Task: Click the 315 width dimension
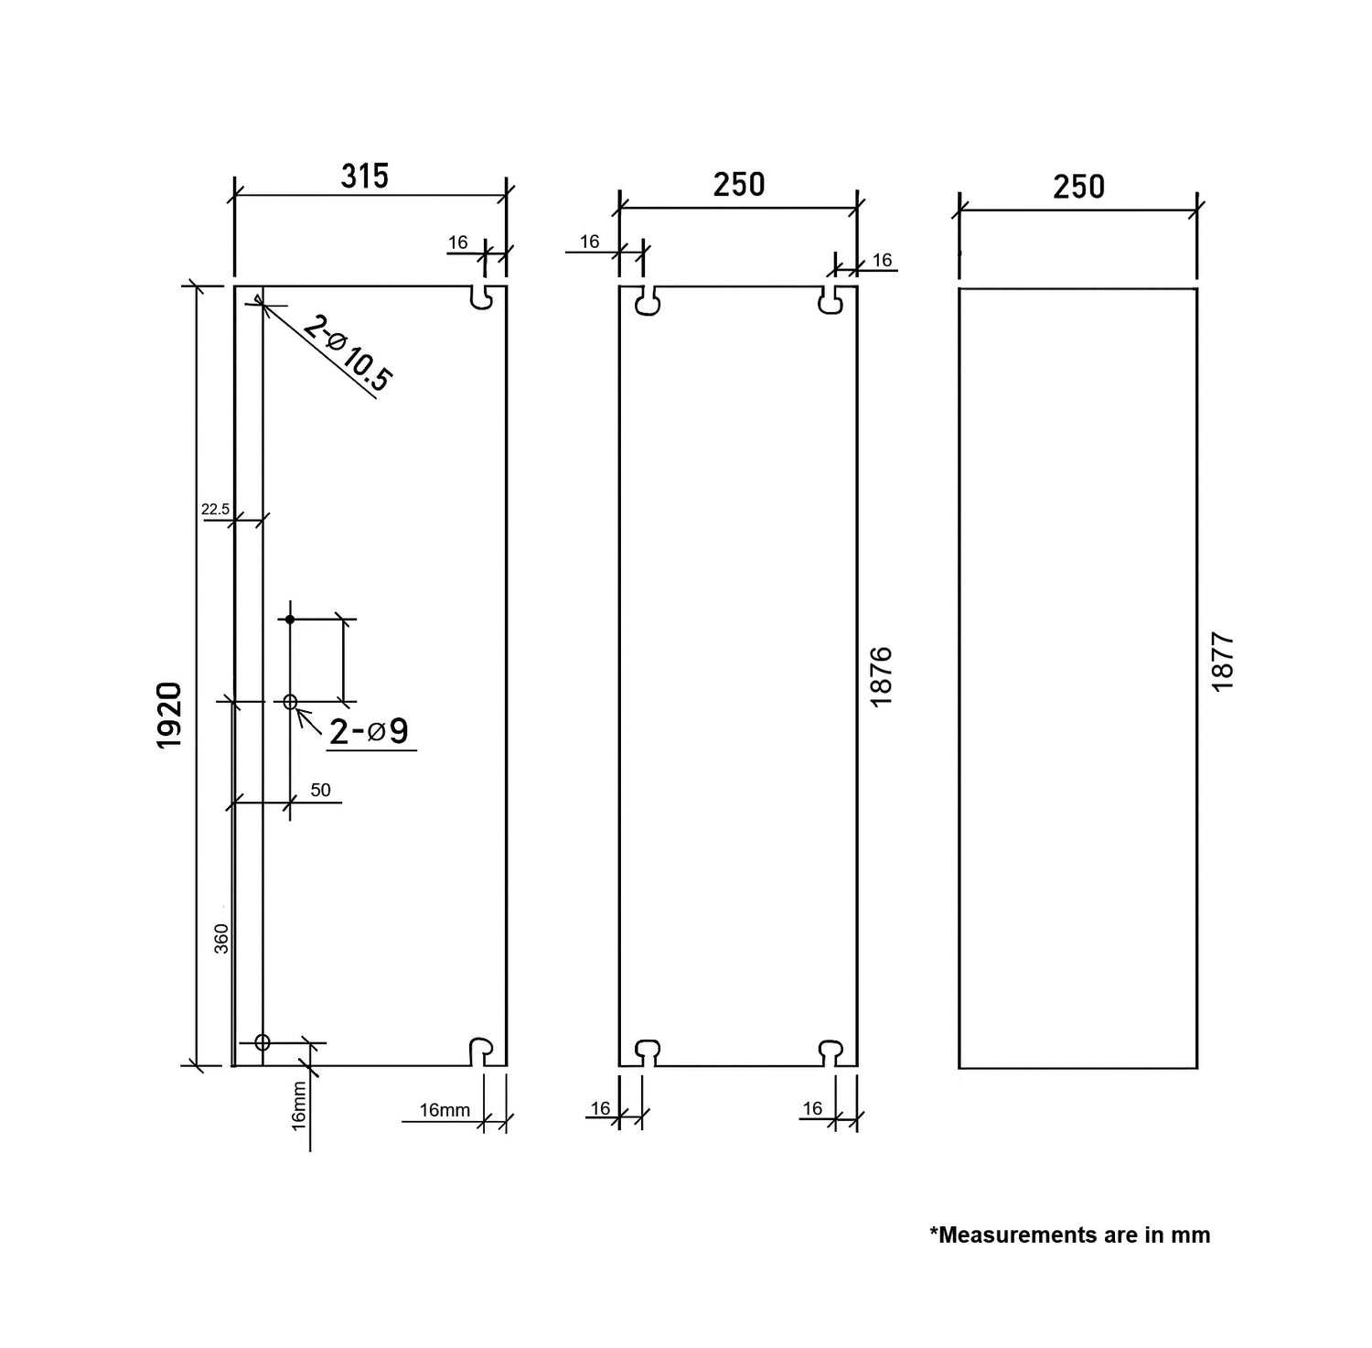point(365,176)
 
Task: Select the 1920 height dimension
point(170,716)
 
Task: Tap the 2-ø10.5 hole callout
point(348,353)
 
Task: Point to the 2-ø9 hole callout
point(369,731)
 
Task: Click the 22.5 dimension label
point(216,510)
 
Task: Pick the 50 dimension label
point(320,790)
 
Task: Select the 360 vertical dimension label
point(222,939)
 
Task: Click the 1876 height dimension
point(881,676)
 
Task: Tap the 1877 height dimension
point(1223,662)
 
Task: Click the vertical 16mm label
point(299,1105)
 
